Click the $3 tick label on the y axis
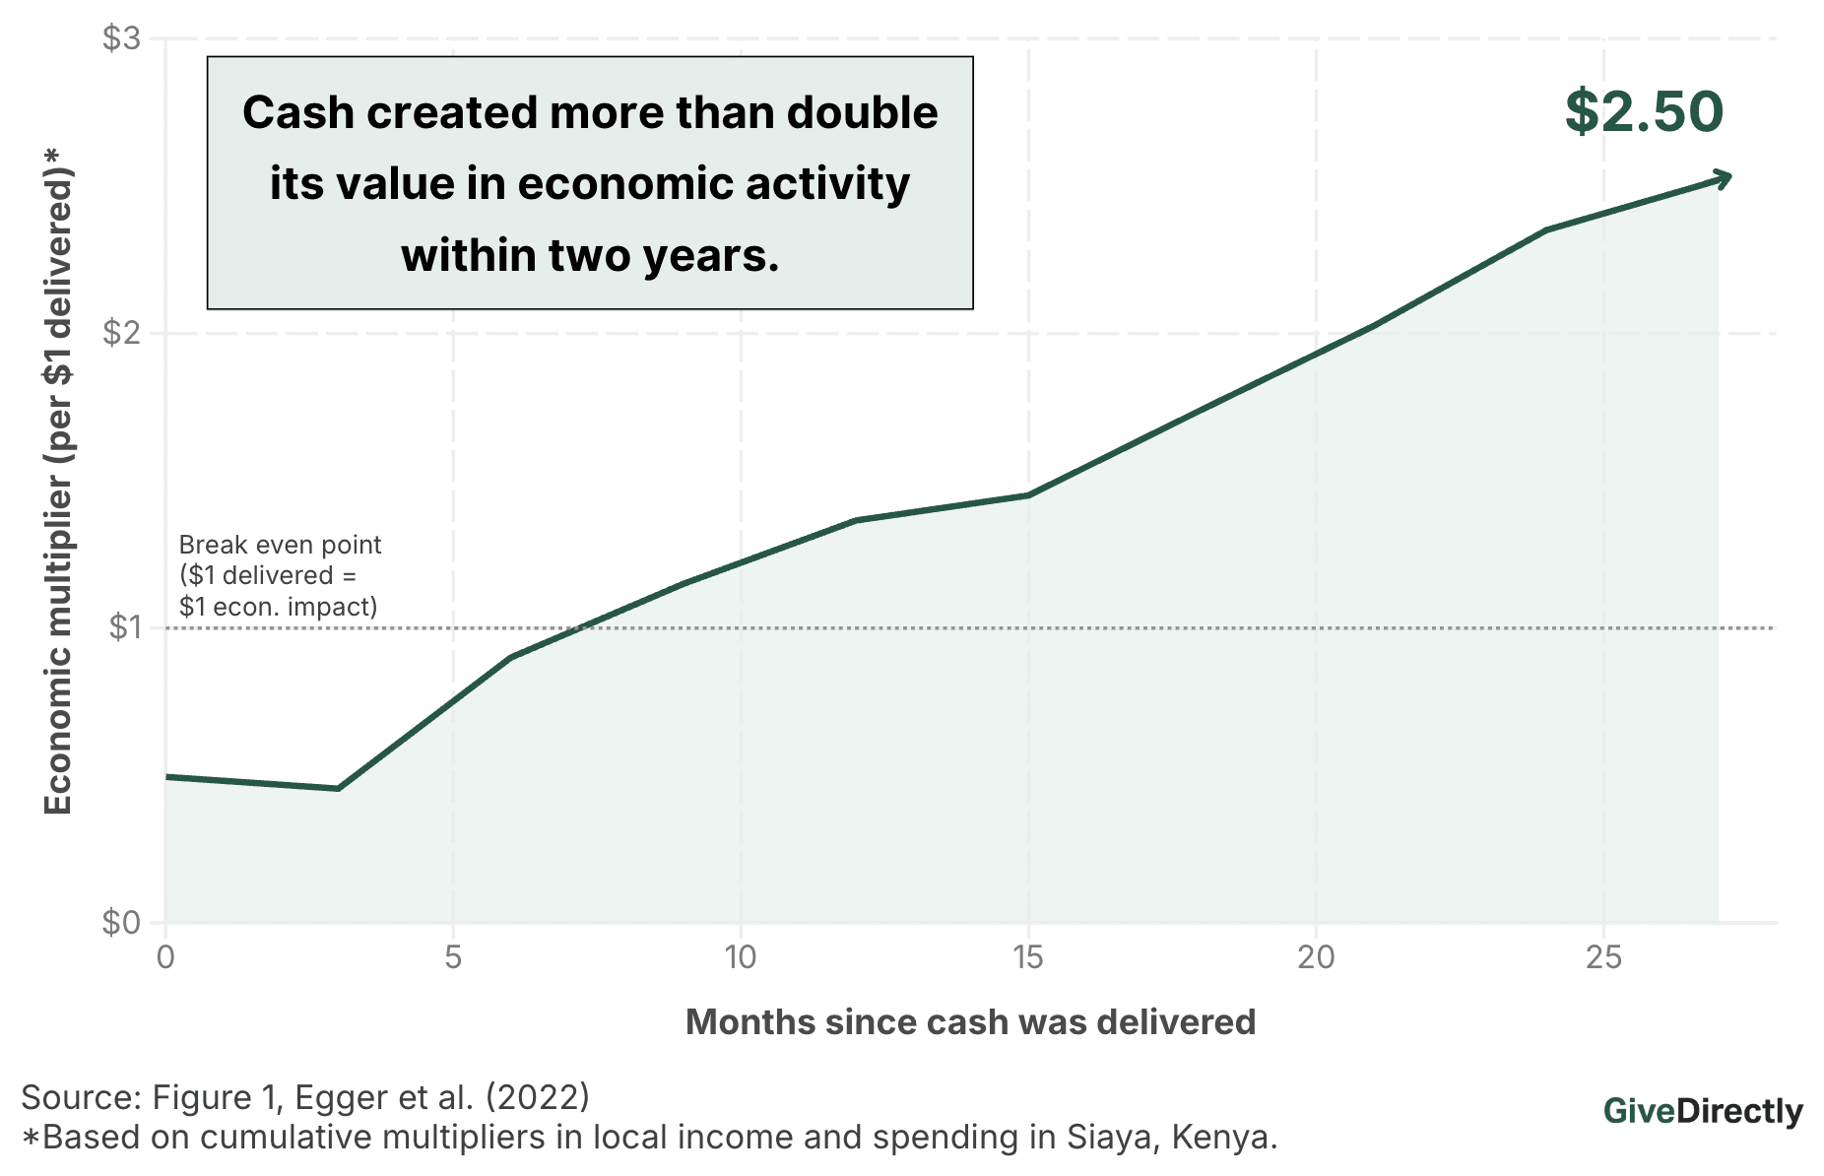tap(121, 39)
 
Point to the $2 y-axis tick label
tap(121, 333)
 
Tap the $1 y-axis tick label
tap(125, 627)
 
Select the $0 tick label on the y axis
tap(121, 923)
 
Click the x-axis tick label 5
tap(453, 956)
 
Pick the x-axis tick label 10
tap(740, 956)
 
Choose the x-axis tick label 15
tap(1027, 956)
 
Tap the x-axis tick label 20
tap(1316, 956)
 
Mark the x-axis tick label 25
tap(1603, 956)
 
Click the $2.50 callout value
tap(1644, 111)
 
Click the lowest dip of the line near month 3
tap(338, 788)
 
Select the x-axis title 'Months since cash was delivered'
tap(970, 1022)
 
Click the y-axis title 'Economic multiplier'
tap(58, 483)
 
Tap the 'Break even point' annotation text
tap(280, 545)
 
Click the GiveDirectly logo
tap(1703, 1111)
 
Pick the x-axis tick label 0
tap(165, 956)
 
